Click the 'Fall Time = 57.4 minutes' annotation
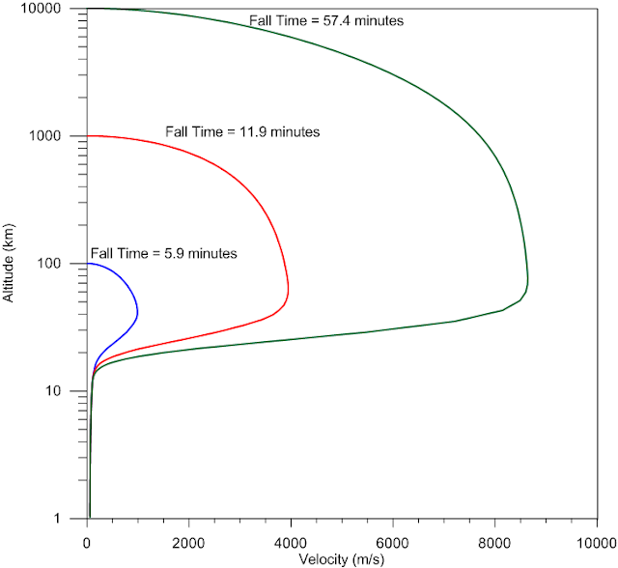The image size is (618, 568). click(x=326, y=20)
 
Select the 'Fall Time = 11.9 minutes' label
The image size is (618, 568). click(x=242, y=131)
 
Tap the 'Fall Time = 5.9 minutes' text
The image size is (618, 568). click(x=164, y=253)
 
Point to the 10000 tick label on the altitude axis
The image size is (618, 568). click(x=41, y=9)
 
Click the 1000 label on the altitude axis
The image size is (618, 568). click(x=45, y=136)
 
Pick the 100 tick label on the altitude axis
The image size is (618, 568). click(x=49, y=264)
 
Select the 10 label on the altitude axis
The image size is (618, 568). click(x=54, y=391)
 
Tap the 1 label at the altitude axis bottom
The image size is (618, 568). click(x=58, y=518)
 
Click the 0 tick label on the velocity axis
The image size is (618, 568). click(x=87, y=543)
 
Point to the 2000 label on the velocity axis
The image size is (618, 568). click(x=188, y=543)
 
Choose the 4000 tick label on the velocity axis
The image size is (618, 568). click(x=291, y=543)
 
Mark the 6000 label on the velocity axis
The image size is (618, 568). click(x=393, y=543)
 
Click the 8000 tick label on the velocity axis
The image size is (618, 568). click(x=494, y=543)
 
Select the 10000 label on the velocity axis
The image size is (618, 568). click(x=597, y=543)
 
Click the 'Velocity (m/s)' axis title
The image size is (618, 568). click(x=341, y=559)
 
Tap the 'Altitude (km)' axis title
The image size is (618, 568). click(x=8, y=263)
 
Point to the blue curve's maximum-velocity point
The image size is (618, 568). click(x=137, y=313)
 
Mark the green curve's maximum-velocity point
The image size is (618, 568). click(x=528, y=281)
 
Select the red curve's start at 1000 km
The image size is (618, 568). click(x=88, y=136)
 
